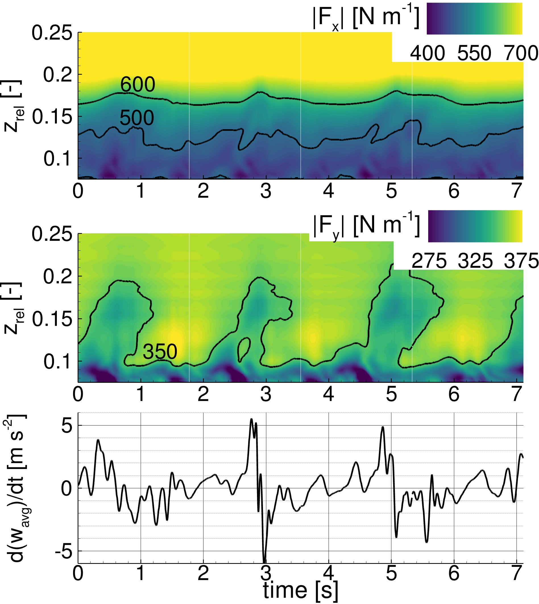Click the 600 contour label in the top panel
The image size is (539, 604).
(x=137, y=84)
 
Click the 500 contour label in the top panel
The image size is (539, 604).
(x=136, y=118)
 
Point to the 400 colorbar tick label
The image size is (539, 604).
(x=427, y=54)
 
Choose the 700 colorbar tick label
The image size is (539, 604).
(x=521, y=54)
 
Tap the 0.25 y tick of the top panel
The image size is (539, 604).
(x=52, y=33)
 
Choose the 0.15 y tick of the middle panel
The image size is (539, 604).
(x=52, y=319)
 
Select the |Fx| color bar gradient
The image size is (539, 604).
(x=474, y=19)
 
